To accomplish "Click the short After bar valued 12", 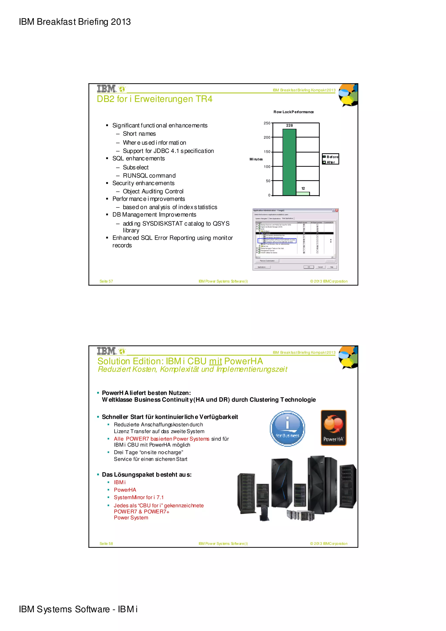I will pos(303,194).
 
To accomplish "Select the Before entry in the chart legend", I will pos(331,157).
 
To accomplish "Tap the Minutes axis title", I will pos(256,159).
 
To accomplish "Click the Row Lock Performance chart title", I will pos(293,112).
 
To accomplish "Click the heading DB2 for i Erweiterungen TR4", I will pos(154,99).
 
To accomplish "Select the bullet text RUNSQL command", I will pos(149,176).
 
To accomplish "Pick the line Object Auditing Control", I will pos(153,191).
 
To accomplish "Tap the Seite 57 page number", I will pos(106,281).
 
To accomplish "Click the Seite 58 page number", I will pos(106,543).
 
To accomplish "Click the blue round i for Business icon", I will pos(287,428).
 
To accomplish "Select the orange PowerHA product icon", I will pos(333,428).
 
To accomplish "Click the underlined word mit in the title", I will pos(215,361).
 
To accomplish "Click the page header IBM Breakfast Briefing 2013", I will pos(75,22).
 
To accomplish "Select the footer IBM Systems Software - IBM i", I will pos(78,609).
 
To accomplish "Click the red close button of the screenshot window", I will pos(337,210).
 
